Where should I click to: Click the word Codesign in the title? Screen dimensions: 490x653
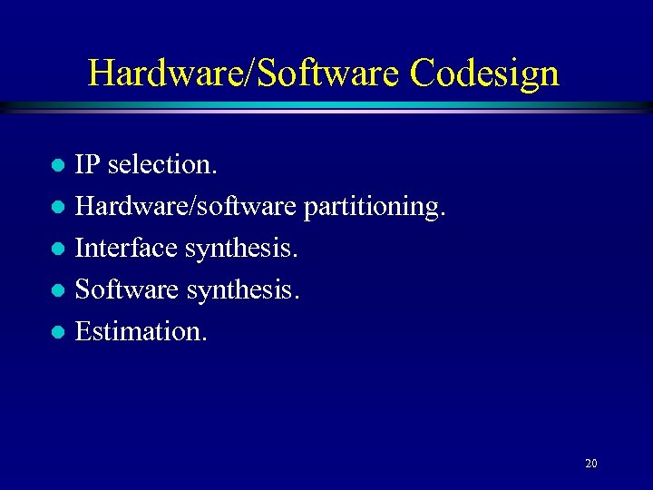(x=484, y=73)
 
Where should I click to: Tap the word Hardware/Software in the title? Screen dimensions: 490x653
(x=245, y=73)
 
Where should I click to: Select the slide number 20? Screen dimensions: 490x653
(x=591, y=464)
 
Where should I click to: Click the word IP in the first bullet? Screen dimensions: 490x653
(x=87, y=165)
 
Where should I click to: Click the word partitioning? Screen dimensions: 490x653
(x=372, y=207)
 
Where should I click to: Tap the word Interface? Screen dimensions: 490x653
(x=126, y=249)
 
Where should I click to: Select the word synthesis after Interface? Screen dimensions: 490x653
(x=240, y=249)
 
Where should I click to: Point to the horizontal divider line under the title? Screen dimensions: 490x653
(x=326, y=107)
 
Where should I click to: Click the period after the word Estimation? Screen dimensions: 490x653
(x=204, y=340)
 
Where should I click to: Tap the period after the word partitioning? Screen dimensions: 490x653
(x=443, y=215)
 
